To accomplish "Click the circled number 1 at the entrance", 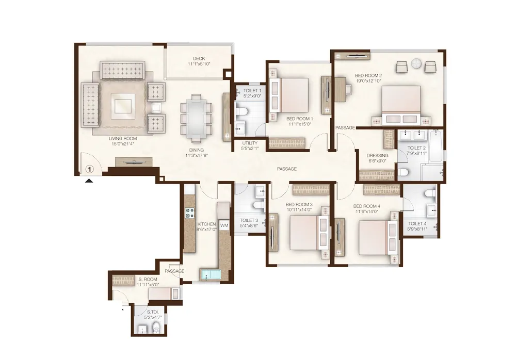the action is pyautogui.click(x=89, y=169).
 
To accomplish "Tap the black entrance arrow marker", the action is pyautogui.click(x=89, y=181).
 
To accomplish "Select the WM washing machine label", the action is pyautogui.click(x=224, y=225).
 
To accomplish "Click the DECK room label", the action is pyautogui.click(x=199, y=59).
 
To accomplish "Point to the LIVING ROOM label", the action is pyautogui.click(x=123, y=139).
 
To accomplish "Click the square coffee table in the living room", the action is pyautogui.click(x=123, y=106).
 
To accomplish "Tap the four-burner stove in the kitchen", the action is pyautogui.click(x=190, y=213).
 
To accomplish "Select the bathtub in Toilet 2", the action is pyautogui.click(x=436, y=146).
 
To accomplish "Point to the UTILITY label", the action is pyautogui.click(x=250, y=143).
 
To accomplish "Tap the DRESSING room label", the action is pyautogui.click(x=378, y=156).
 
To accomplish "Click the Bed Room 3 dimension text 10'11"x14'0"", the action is pyautogui.click(x=299, y=209).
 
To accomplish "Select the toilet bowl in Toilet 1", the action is pyautogui.click(x=242, y=111).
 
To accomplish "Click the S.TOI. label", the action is pyautogui.click(x=153, y=312).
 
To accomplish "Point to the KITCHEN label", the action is pyautogui.click(x=206, y=224).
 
